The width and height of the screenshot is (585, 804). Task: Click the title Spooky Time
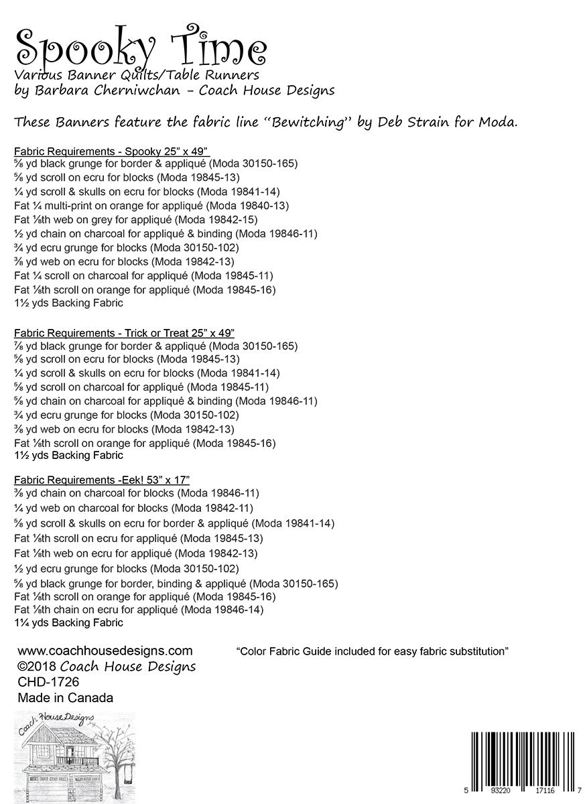(x=141, y=46)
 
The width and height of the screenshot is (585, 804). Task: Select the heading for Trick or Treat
(x=123, y=332)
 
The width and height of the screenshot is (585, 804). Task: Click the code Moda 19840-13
(x=251, y=205)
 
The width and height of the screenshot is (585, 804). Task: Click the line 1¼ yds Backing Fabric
(x=68, y=622)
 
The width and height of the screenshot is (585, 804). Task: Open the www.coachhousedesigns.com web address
(x=105, y=651)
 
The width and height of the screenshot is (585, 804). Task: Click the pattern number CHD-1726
(x=48, y=682)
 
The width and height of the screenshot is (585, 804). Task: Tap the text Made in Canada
(x=65, y=697)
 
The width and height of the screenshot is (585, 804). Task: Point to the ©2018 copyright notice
(x=107, y=667)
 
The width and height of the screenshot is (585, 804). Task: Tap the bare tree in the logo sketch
(x=118, y=757)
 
